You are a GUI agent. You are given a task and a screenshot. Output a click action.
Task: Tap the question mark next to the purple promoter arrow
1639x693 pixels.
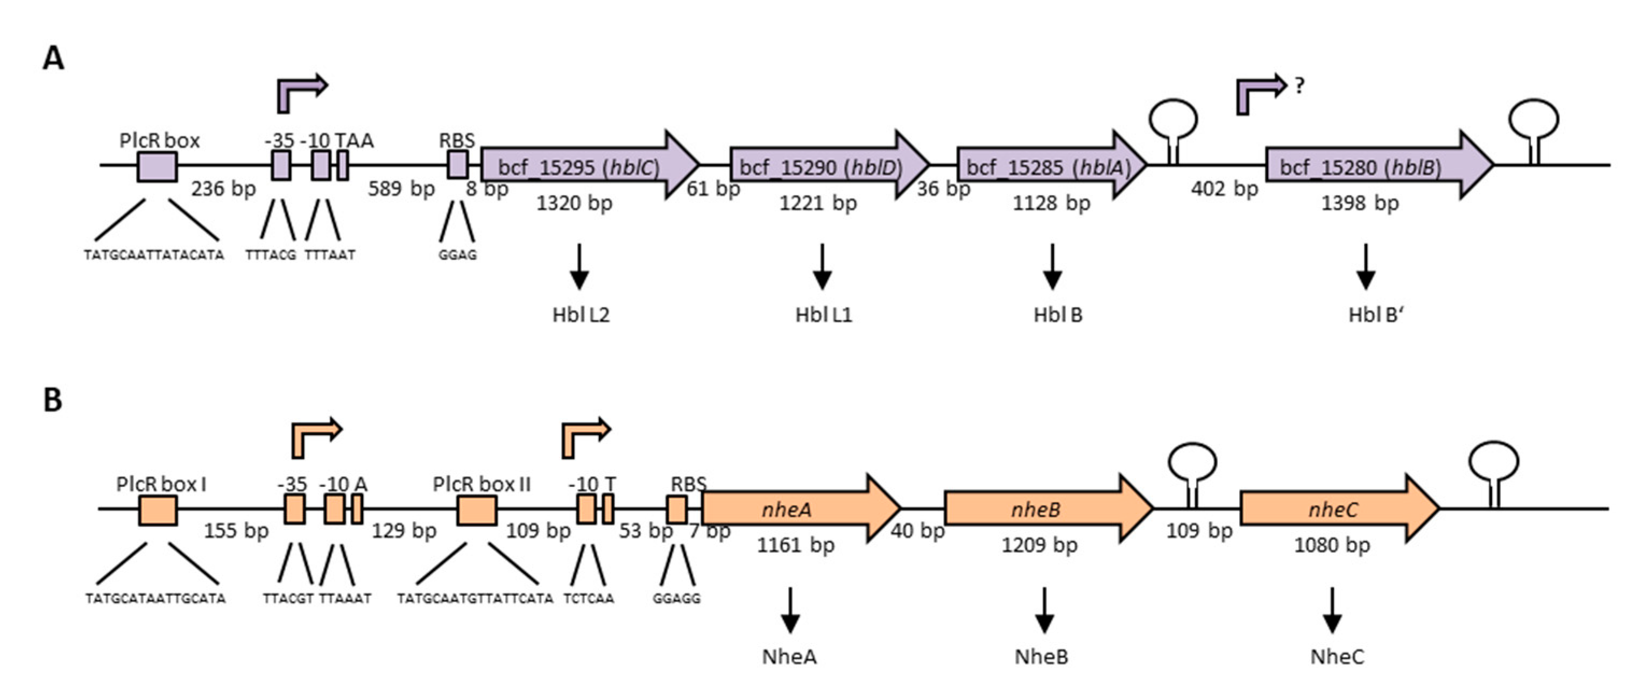point(1300,85)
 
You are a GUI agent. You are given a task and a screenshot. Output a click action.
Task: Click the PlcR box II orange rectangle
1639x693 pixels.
point(477,510)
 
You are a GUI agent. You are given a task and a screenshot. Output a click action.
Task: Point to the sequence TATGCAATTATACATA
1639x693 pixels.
point(154,255)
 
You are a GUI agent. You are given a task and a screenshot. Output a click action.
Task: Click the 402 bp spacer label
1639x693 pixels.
point(1224,189)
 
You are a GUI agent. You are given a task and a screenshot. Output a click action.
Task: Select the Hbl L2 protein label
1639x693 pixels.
point(580,315)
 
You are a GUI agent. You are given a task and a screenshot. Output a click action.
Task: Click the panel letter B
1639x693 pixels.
point(53,401)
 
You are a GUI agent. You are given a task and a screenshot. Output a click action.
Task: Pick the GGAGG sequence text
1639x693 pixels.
point(676,599)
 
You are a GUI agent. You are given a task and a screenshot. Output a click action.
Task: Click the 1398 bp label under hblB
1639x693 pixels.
point(1360,203)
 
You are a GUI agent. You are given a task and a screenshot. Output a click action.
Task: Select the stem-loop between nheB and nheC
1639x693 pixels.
point(1192,471)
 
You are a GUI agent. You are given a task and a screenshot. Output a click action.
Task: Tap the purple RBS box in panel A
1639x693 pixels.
point(457,166)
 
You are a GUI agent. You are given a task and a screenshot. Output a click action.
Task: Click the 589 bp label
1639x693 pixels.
point(401,189)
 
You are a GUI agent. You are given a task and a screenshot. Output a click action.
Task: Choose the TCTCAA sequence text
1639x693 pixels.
point(589,599)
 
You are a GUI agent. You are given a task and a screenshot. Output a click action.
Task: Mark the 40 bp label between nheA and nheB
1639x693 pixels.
point(917,531)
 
